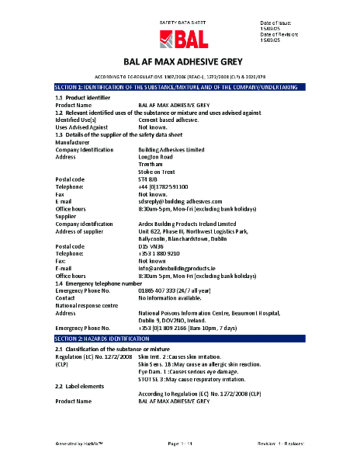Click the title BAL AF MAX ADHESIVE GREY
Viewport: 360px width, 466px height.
click(180, 61)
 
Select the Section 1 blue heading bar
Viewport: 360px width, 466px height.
click(180, 87)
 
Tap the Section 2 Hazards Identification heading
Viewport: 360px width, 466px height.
click(180, 340)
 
